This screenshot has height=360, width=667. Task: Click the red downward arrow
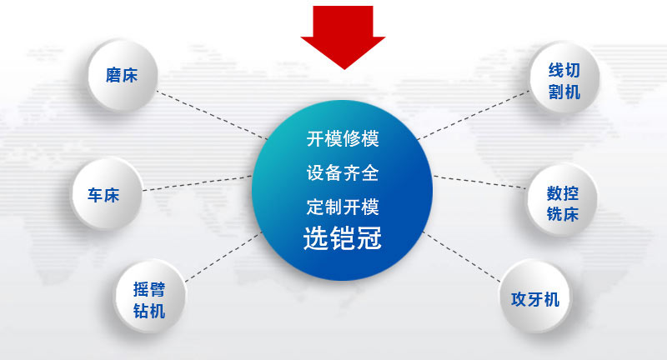point(343,34)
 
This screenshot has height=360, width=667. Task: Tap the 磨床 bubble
point(122,76)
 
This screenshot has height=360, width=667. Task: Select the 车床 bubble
point(106,195)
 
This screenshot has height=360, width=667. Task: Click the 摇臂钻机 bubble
point(149,296)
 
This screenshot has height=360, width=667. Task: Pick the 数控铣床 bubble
point(562,201)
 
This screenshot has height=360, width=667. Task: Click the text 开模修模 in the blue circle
point(343,138)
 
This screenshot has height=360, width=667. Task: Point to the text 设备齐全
point(343,173)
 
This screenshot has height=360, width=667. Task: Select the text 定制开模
point(343,207)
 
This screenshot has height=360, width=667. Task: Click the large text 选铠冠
point(343,237)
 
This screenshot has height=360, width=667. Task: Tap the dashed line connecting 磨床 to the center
point(212,115)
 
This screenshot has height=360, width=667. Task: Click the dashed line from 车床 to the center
point(197,183)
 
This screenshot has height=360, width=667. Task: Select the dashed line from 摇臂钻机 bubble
point(223,257)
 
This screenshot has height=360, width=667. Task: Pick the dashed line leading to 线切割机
point(474,115)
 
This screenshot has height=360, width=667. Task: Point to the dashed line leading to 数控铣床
point(480,182)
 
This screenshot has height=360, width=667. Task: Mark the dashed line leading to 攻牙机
point(462,257)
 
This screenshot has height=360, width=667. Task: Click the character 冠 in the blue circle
point(369,237)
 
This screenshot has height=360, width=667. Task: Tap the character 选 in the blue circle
point(316,237)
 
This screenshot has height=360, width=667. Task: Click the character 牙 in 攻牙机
point(535,299)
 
